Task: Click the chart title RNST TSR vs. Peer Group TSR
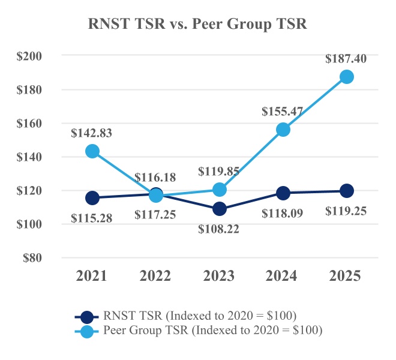[198, 25]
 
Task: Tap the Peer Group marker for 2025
[346, 77]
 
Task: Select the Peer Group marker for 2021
[92, 151]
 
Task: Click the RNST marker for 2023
[220, 209]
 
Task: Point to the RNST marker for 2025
[346, 191]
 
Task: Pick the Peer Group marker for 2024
[283, 130]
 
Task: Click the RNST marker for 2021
[92, 198]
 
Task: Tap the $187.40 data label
[346, 59]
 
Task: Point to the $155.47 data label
[283, 112]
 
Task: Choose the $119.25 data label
[346, 211]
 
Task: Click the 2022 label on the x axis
[156, 276]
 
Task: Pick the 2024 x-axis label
[283, 276]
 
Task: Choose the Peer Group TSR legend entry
[198, 329]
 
